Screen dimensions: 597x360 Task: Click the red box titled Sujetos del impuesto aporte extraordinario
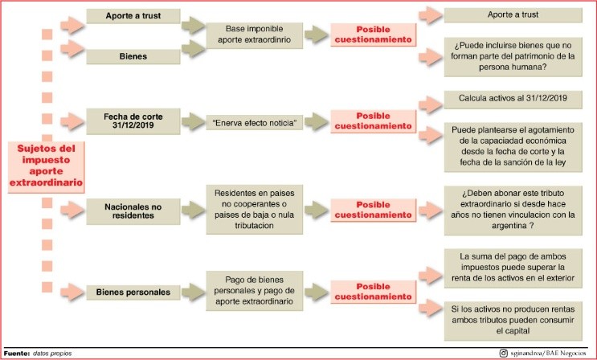tap(46, 167)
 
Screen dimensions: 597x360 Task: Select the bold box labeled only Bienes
tap(133, 56)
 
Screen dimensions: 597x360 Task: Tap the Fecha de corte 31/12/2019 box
tap(133, 121)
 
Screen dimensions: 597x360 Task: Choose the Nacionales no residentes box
tap(133, 211)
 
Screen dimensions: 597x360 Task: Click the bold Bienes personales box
tap(133, 292)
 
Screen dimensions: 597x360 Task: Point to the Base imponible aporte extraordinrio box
tap(255, 35)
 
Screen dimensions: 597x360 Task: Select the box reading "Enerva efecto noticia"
tap(255, 123)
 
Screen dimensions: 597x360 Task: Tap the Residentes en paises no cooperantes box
tap(255, 210)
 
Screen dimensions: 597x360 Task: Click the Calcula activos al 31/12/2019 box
tap(513, 99)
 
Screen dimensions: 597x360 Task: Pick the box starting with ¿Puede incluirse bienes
tap(513, 56)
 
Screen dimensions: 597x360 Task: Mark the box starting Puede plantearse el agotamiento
tap(513, 147)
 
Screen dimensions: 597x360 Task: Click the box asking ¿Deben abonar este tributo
tap(513, 210)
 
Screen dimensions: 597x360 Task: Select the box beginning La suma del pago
tap(513, 268)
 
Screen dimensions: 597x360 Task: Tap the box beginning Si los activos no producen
tap(513, 321)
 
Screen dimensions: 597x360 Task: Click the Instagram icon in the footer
tap(503, 353)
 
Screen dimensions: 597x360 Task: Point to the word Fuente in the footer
tap(16, 354)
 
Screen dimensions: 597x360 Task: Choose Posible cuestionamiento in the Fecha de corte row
tap(373, 121)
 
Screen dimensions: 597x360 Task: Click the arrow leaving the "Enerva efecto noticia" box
tap(317, 121)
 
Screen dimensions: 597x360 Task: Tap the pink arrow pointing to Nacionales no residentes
tap(72, 210)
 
